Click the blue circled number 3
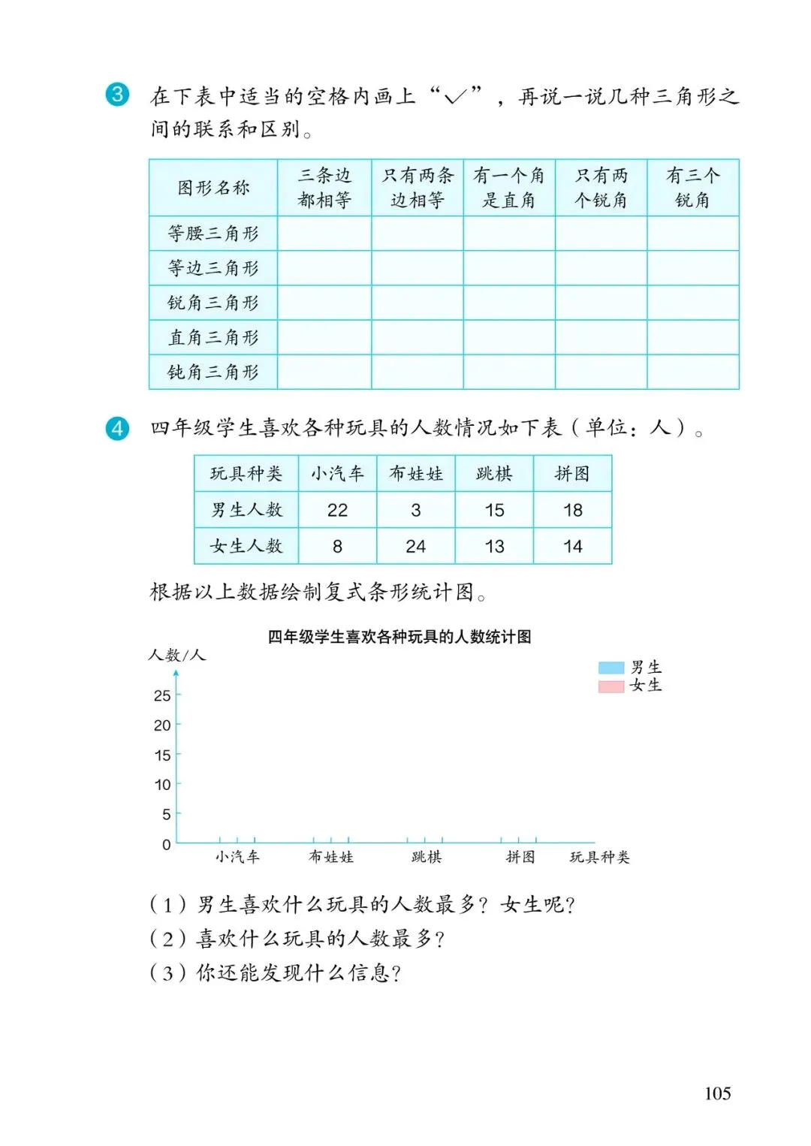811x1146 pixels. point(117,95)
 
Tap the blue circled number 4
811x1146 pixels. point(117,428)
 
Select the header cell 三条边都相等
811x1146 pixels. point(324,188)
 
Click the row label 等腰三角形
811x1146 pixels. point(213,234)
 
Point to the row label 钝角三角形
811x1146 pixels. point(213,372)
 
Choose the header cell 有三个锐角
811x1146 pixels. point(692,188)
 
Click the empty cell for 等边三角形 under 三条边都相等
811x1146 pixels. point(324,268)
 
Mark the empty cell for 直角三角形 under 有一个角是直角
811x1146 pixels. point(509,337)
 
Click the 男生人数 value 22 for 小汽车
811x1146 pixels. point(337,510)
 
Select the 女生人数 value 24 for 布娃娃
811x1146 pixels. point(415,546)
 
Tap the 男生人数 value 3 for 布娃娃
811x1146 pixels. point(415,510)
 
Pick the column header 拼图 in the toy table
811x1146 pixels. point(572,474)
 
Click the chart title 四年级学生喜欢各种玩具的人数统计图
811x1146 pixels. point(399,637)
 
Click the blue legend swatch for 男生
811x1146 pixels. point(611,668)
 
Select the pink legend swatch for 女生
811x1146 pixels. point(611,686)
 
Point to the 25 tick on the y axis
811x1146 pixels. point(162,695)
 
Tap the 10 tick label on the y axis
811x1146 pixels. point(162,785)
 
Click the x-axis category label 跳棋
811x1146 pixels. point(427,857)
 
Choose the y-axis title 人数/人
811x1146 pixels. point(176,655)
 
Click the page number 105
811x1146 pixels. point(717,1093)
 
